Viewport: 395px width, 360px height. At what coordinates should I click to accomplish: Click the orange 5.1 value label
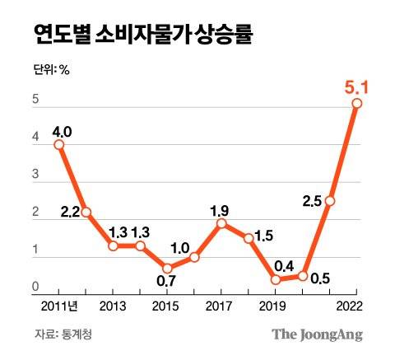[356, 84]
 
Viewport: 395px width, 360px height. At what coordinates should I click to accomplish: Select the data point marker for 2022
[356, 103]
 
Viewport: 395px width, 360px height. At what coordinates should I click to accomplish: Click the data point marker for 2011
[59, 145]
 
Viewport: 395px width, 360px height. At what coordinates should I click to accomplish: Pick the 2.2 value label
[69, 213]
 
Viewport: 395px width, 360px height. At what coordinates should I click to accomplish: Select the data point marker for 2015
[168, 269]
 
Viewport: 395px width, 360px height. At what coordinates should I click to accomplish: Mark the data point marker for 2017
[221, 223]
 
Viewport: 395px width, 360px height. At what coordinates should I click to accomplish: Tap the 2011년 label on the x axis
[60, 309]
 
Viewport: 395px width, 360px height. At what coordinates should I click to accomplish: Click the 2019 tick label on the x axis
[276, 309]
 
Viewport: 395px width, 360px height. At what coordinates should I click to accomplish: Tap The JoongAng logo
[318, 334]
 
